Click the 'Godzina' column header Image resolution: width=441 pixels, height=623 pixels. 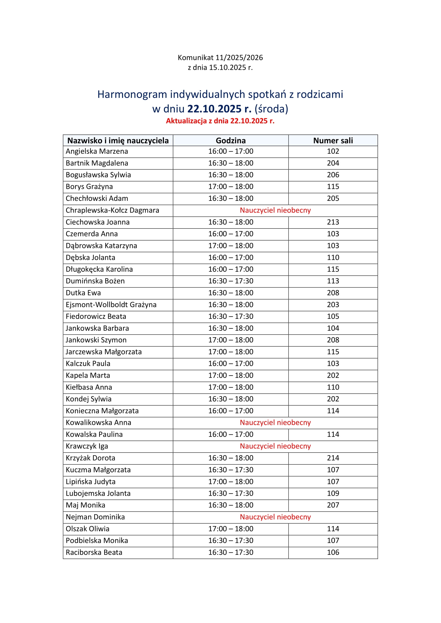(x=230, y=141)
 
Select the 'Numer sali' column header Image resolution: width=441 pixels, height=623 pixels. (x=333, y=141)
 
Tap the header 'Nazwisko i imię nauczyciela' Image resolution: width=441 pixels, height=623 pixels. (x=118, y=141)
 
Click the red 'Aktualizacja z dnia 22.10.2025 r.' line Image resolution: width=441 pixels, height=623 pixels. (x=220, y=121)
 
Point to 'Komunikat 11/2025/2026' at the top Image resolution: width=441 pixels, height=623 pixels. (x=220, y=58)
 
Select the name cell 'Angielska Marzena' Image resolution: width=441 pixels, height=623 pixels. (x=97, y=151)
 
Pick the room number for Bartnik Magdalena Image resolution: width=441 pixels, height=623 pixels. (x=333, y=163)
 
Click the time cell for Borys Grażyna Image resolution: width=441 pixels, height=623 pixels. (x=230, y=187)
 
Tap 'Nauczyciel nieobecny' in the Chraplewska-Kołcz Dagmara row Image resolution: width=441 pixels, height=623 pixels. (x=275, y=210)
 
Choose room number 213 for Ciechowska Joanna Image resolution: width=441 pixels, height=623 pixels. (x=333, y=222)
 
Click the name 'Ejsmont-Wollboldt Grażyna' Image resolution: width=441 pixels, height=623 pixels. (x=111, y=305)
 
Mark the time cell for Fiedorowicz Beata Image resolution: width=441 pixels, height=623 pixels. (x=230, y=316)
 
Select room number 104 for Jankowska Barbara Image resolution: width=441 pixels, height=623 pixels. (x=333, y=328)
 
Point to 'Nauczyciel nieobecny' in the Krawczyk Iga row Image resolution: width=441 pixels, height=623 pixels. (x=275, y=446)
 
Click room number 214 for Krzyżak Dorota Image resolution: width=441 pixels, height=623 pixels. (x=333, y=458)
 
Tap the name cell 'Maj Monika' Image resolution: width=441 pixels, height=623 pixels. (x=85, y=505)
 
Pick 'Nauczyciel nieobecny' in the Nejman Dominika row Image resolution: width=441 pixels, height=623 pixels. (x=275, y=517)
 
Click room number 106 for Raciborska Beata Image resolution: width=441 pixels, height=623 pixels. (x=333, y=552)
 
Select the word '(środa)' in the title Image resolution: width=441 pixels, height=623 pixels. (x=271, y=109)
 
